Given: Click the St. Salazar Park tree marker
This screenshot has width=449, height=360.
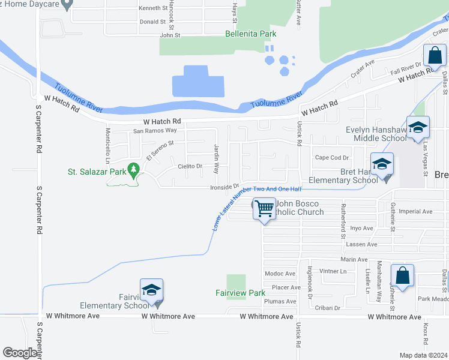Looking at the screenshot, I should point(133,172).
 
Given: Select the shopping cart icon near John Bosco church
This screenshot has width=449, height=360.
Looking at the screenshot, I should point(264,209).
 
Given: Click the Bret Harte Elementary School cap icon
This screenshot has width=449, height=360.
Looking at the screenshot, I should point(382,163).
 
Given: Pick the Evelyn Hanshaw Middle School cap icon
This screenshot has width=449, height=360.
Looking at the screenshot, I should point(417,127).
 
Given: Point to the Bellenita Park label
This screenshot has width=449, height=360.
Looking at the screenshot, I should point(250,34).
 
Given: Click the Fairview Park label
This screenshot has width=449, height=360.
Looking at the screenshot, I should point(240,293).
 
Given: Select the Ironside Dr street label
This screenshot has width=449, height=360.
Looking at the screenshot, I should point(224,187).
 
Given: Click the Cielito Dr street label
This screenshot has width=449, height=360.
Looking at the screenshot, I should point(190,166).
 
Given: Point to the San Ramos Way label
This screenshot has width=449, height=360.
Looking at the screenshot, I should point(155,130).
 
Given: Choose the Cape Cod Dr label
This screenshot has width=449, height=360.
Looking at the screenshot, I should point(332,158).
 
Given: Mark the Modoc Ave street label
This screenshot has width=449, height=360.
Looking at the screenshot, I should point(280,274).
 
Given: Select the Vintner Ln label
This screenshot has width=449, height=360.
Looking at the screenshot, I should point(334,271).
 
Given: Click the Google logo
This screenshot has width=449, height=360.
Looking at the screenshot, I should point(20,353).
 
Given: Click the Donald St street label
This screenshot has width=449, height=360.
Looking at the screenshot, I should point(152,22).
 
